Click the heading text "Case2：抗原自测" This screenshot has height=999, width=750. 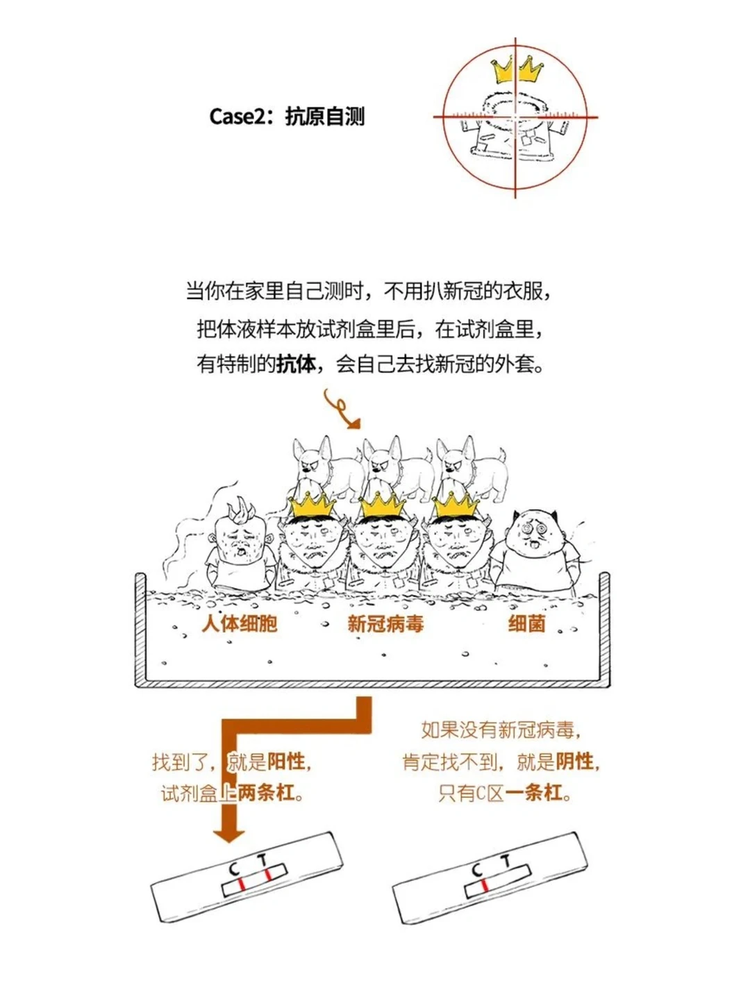(287, 117)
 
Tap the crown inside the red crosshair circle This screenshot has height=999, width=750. (517, 69)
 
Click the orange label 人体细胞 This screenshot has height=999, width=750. (240, 623)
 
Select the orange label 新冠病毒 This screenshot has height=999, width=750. (385, 623)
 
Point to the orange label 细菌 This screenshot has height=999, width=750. (526, 623)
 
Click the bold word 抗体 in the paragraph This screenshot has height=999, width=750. (297, 364)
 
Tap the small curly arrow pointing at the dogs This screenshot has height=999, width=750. (342, 410)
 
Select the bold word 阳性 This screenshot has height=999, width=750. (286, 762)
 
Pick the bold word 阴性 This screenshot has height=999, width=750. (575, 762)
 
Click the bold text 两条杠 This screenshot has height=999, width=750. (266, 792)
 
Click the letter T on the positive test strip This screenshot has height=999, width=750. (262, 861)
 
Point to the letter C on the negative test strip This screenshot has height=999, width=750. (477, 870)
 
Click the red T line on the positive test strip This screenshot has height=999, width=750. (267, 875)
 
